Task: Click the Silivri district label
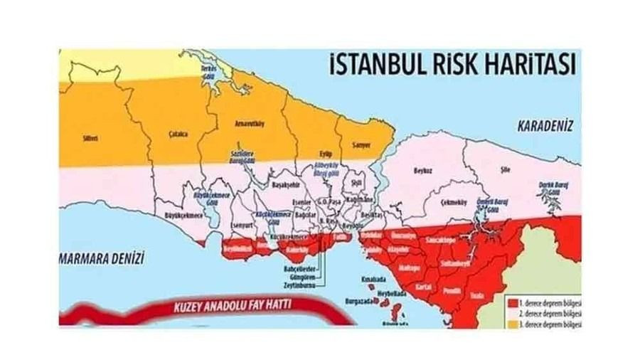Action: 90,139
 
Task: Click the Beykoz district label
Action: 424,170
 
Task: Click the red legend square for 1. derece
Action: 512,302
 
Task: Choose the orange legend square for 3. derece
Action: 512,323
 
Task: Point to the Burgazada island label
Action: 360,302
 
